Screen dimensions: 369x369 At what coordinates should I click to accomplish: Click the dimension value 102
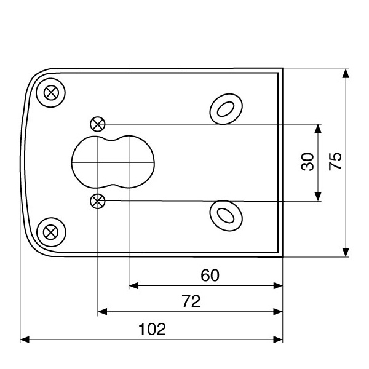[153, 329]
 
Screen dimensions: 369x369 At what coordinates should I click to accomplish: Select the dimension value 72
[192, 301]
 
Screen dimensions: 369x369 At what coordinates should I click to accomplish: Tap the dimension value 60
[210, 276]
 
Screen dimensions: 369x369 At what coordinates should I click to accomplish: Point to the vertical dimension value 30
[308, 162]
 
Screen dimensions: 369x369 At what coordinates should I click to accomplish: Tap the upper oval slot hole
[225, 109]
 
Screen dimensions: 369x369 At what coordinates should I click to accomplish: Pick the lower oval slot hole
[225, 214]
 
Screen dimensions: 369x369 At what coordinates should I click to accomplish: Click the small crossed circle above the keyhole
[98, 124]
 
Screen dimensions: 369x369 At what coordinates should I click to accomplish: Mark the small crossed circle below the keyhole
[98, 200]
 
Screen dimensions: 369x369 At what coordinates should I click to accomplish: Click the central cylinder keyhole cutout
[113, 162]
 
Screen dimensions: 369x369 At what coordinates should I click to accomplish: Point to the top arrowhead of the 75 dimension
[346, 73]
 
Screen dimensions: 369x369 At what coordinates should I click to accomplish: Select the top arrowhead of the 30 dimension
[318, 128]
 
